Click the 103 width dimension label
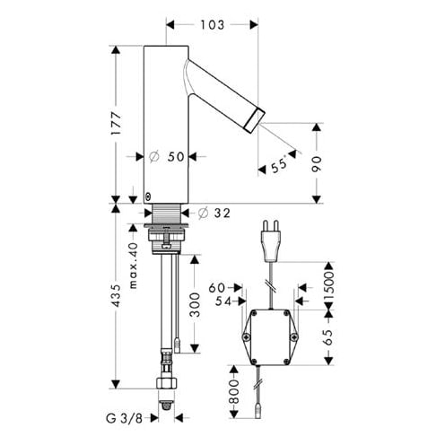pos(212,25)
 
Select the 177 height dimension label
pos(116,123)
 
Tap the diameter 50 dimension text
pos(167,156)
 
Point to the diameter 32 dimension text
pos(214,213)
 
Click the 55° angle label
pos(279,164)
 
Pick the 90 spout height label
pos(317,164)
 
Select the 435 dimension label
pos(116,295)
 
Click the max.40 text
pos(133,266)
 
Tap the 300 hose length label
pos(195,305)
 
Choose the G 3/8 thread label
pos(125,418)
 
